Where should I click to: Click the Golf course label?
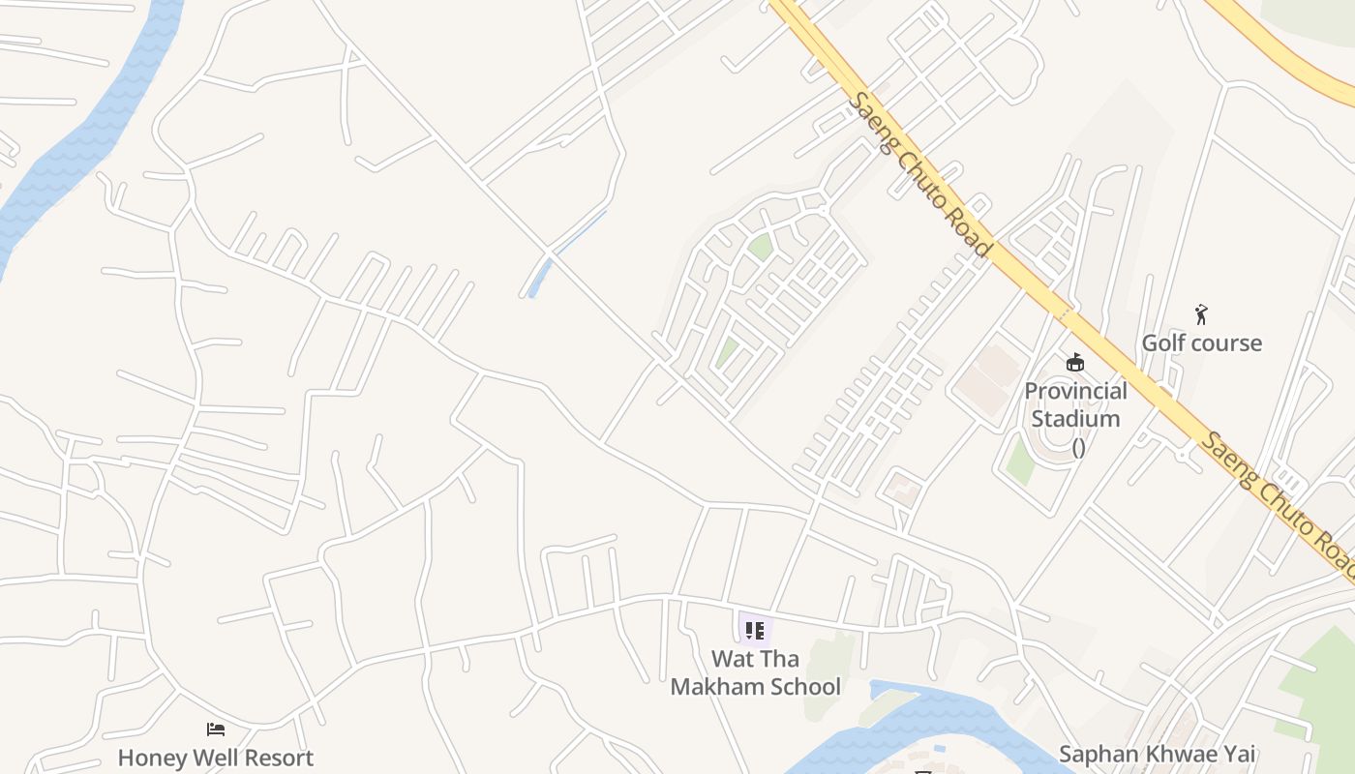pyautogui.click(x=1201, y=342)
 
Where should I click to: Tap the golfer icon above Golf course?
pyautogui.click(x=1201, y=314)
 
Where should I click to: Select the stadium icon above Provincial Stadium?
pyautogui.click(x=1074, y=363)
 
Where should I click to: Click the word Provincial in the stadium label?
pyautogui.click(x=1075, y=391)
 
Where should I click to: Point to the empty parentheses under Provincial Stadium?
pyautogui.click(x=1077, y=447)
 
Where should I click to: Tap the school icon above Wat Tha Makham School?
pyautogui.click(x=755, y=631)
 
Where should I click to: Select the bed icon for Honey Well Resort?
pyautogui.click(x=216, y=729)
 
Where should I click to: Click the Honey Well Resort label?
pyautogui.click(x=216, y=758)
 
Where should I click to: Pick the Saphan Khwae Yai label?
pyautogui.click(x=1157, y=754)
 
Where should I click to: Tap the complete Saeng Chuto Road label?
pyautogui.click(x=919, y=174)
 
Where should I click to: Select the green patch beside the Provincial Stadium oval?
pyautogui.click(x=1019, y=461)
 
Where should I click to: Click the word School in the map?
pyautogui.click(x=800, y=686)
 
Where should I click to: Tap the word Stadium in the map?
pyautogui.click(x=1075, y=419)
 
